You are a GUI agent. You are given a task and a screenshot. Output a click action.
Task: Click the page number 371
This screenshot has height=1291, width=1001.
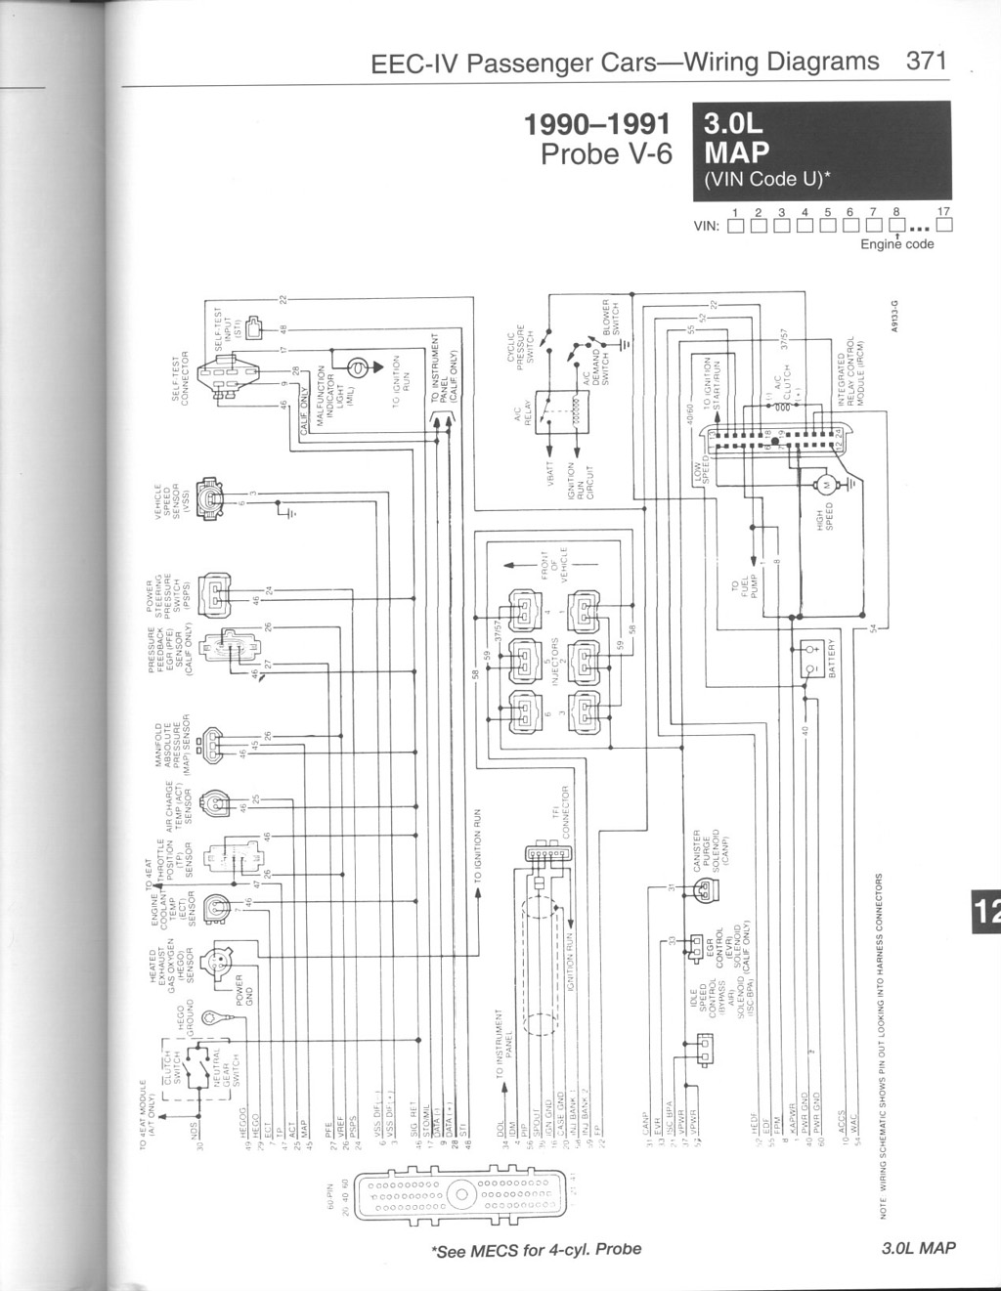927,62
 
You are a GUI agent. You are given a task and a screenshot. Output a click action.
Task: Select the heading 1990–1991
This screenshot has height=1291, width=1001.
597,125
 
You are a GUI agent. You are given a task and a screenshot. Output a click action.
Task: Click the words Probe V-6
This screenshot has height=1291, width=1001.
606,154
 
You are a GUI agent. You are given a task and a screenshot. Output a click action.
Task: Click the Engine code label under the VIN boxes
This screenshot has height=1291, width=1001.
896,244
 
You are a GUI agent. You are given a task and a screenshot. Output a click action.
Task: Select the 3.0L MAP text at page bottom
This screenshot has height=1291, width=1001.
918,1248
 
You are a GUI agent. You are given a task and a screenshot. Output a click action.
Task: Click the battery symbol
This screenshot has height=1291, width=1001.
810,657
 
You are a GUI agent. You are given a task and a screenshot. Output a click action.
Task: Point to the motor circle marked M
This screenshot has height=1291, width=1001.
823,484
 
